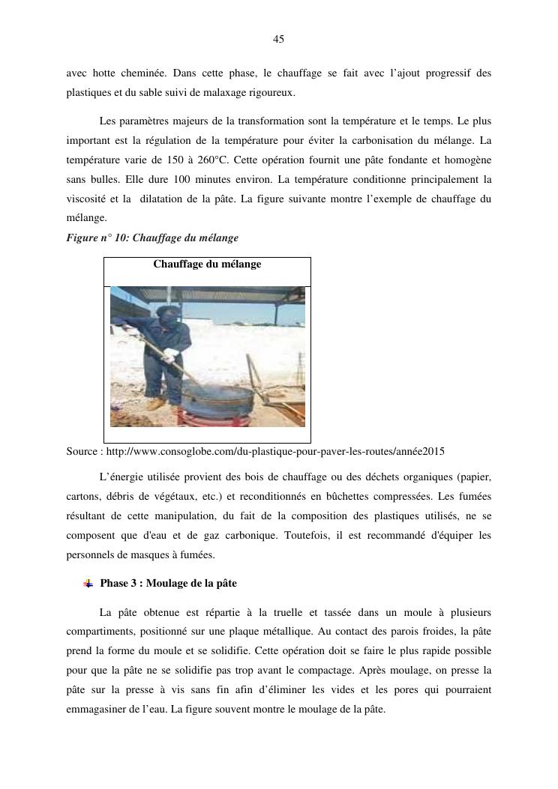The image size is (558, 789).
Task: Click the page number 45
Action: click(x=278, y=39)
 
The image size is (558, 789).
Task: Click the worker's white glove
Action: click(x=170, y=354)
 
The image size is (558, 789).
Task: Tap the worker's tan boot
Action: click(x=156, y=404)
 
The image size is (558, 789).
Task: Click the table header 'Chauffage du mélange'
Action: click(x=207, y=264)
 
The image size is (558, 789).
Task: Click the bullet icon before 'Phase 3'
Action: click(x=88, y=583)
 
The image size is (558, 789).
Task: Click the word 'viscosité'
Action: click(x=87, y=199)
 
